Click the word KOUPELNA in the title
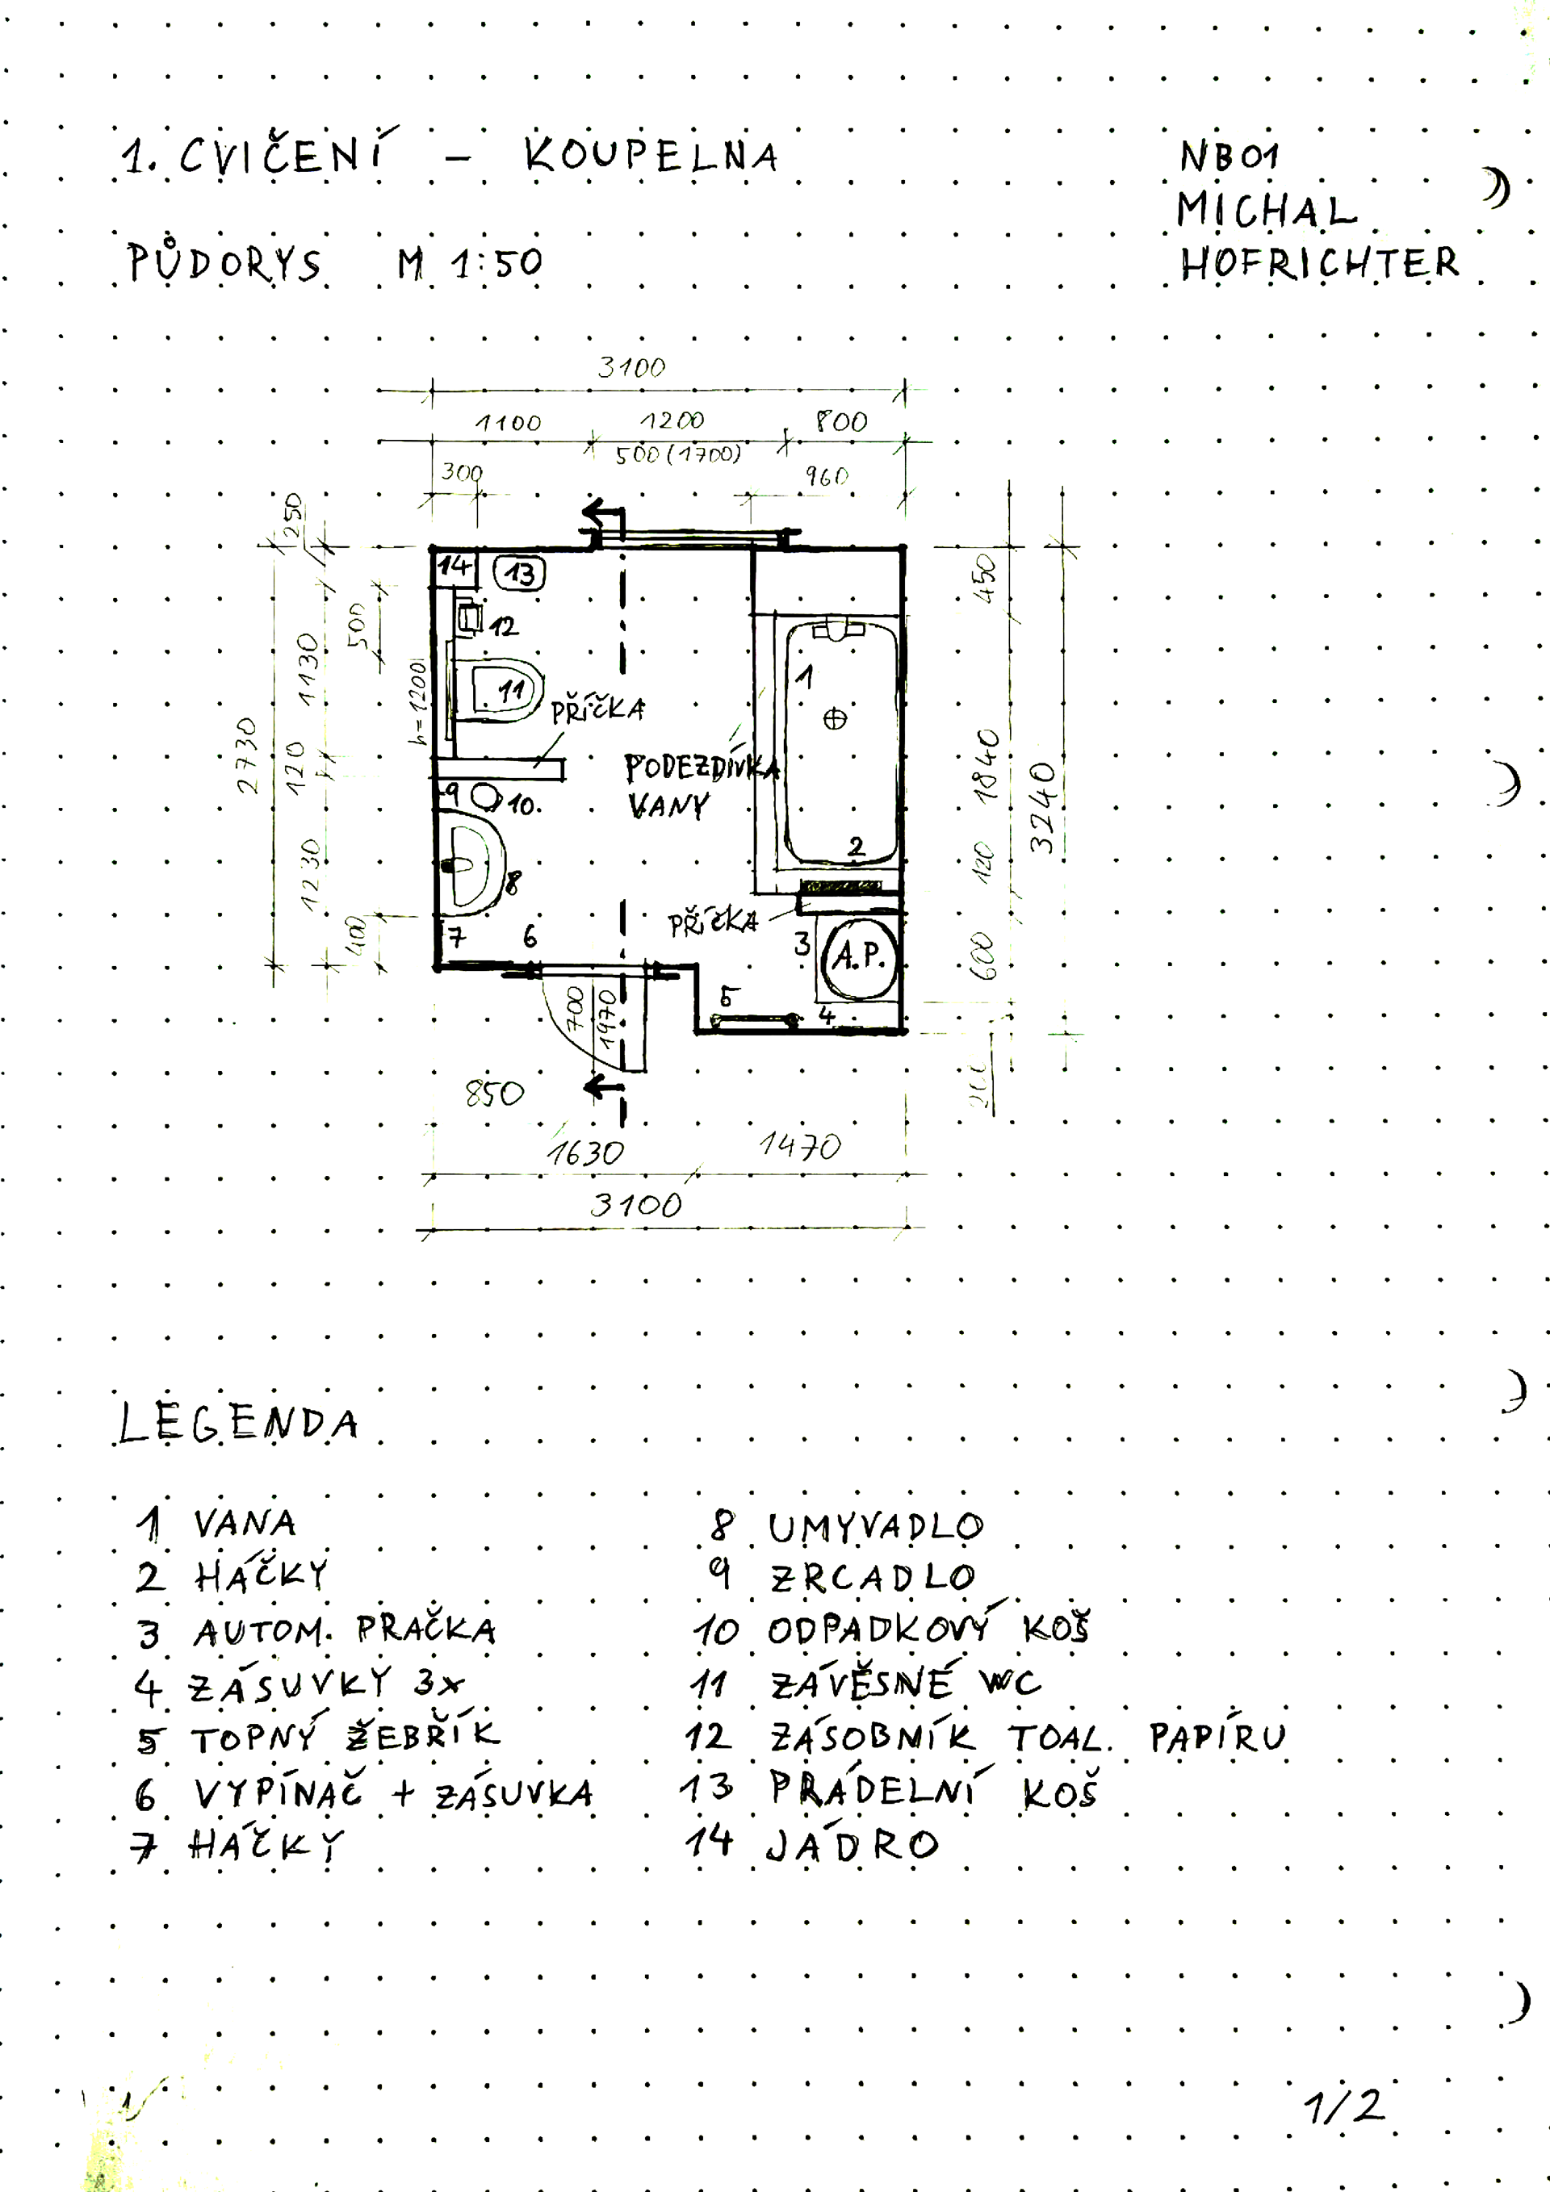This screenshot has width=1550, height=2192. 651,156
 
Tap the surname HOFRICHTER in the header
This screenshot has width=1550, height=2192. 1319,263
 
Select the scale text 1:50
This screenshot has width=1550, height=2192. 497,263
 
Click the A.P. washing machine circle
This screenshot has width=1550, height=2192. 860,956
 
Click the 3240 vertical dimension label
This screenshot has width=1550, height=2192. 1044,807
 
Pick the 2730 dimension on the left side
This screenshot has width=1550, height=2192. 247,755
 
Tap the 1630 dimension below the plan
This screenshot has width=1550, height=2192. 585,1153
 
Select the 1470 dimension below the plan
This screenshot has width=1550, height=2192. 800,1146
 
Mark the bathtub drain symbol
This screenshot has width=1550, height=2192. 835,719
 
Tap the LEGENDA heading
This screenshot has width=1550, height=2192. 238,1424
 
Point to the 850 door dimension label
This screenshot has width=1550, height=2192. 495,1093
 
